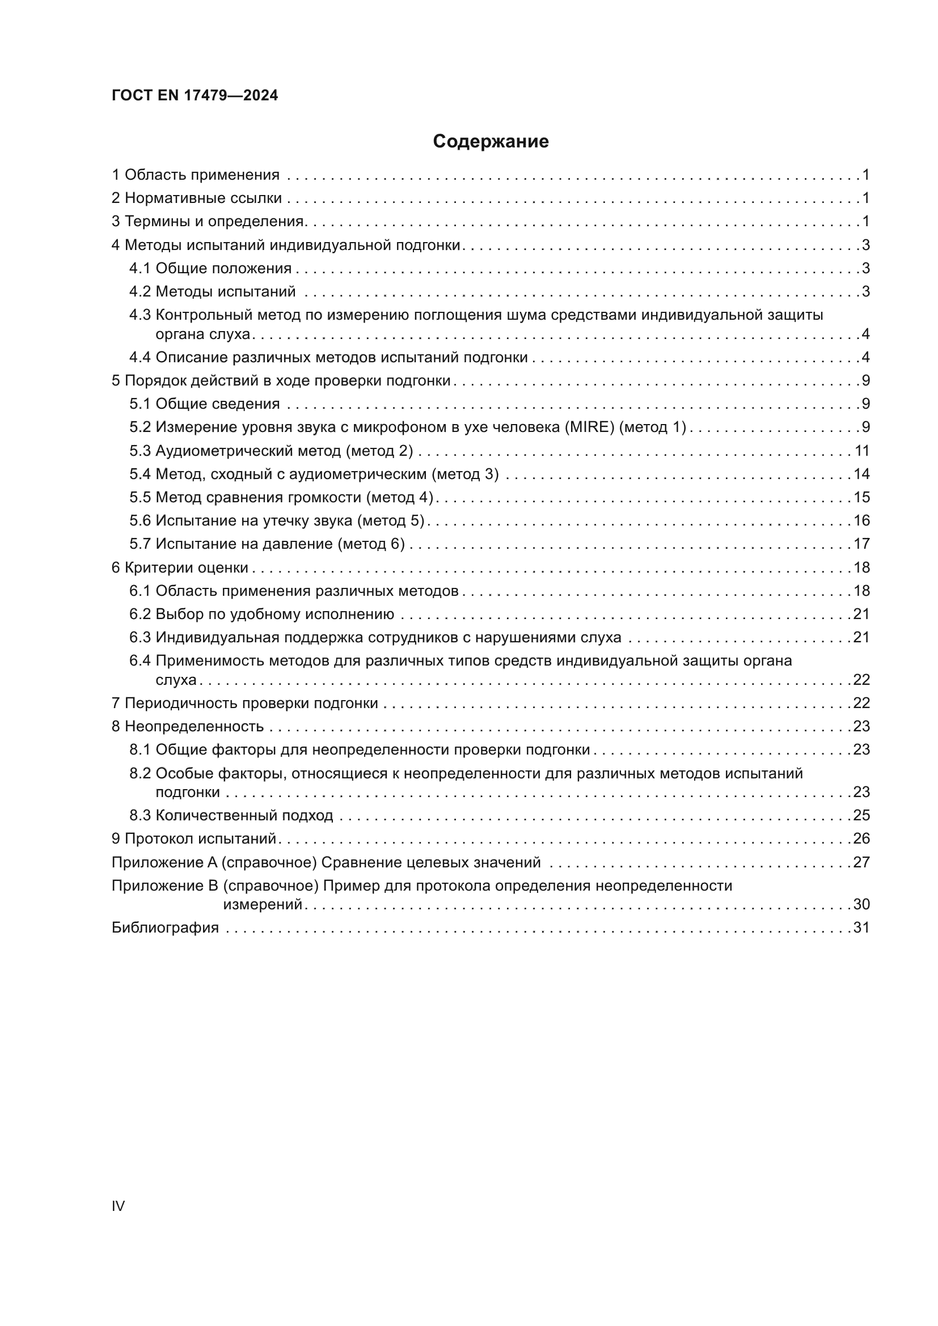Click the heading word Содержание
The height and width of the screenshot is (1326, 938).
pyautogui.click(x=491, y=142)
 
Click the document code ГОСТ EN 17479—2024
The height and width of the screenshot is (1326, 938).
pyautogui.click(x=195, y=95)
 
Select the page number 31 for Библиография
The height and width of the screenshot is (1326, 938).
pyautogui.click(x=861, y=927)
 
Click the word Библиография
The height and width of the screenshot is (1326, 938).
pyautogui.click(x=165, y=927)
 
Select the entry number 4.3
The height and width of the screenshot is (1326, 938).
pyautogui.click(x=140, y=315)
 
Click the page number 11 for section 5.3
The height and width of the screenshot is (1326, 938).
pyautogui.click(x=862, y=451)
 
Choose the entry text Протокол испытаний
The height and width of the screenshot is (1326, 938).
pyautogui.click(x=200, y=838)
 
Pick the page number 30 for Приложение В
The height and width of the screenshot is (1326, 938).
pyautogui.click(x=861, y=904)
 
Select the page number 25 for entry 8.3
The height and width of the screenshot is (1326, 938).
pyautogui.click(x=861, y=815)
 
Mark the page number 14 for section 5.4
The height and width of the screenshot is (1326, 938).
pyautogui.click(x=861, y=474)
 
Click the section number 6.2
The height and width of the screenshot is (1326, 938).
pyautogui.click(x=140, y=614)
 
